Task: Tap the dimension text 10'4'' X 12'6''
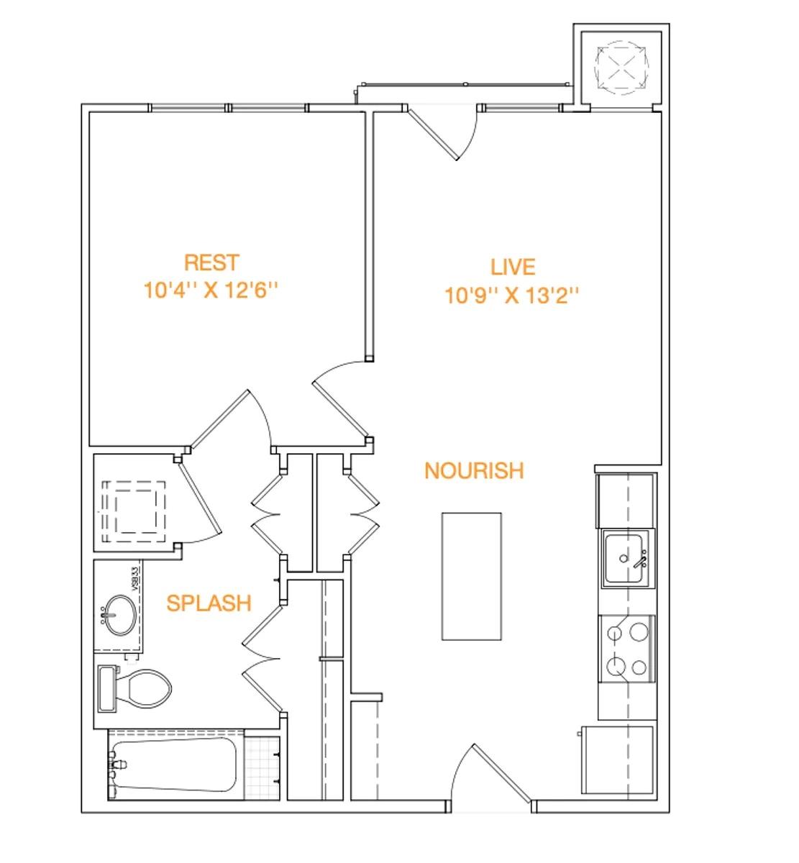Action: pos(211,291)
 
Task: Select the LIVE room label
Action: pos(513,267)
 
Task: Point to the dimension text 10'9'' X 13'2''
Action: pos(513,296)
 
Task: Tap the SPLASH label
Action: pos(209,603)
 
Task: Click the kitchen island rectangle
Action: pos(471,575)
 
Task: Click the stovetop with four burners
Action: pos(626,649)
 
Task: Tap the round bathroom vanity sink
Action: pos(118,616)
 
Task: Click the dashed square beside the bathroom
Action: pos(134,510)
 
